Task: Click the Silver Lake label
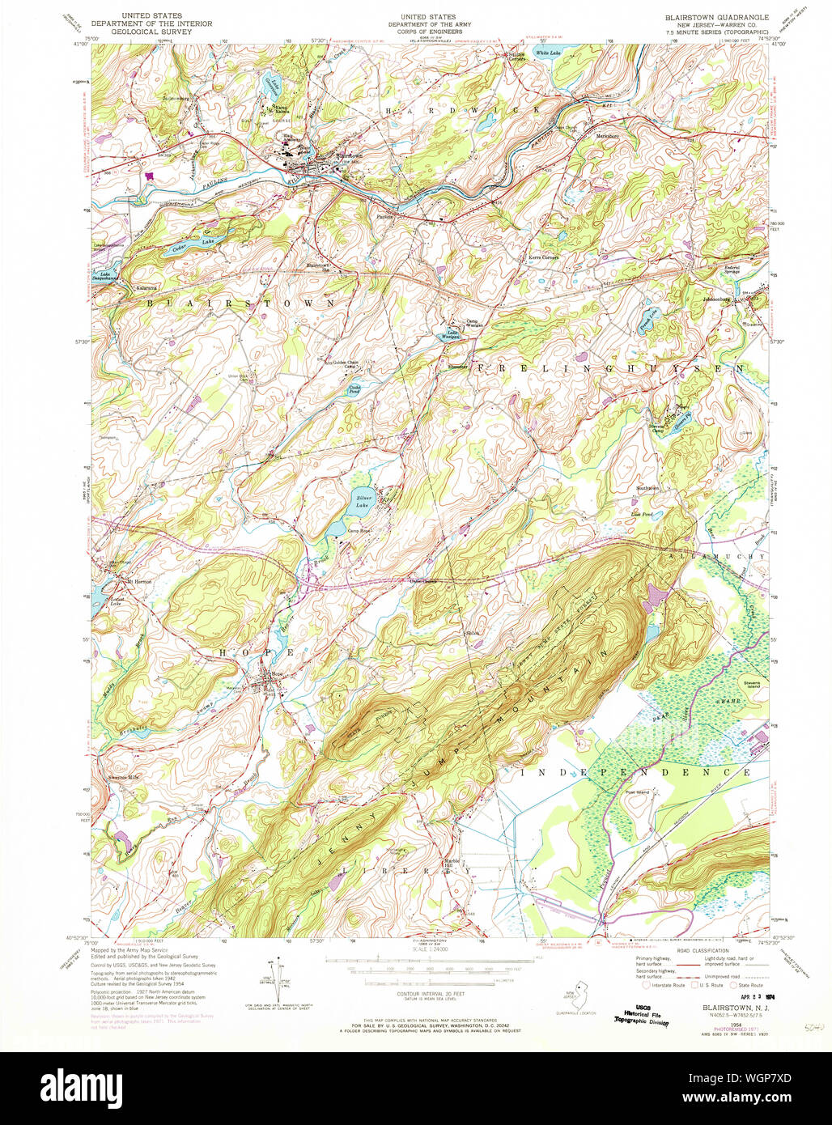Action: coord(361,501)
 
